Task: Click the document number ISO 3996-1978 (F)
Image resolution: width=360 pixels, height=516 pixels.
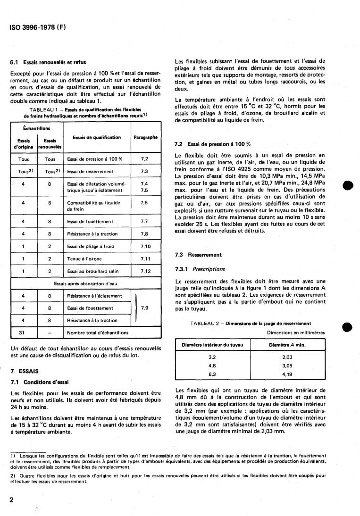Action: [x=37, y=27]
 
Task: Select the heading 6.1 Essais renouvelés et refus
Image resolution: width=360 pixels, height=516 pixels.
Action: [x=48, y=62]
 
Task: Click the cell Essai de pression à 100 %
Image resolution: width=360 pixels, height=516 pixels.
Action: [x=95, y=159]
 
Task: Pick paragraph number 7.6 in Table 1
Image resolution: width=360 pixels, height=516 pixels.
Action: [x=145, y=202]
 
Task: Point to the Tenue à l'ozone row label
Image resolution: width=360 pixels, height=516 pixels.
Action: [x=84, y=259]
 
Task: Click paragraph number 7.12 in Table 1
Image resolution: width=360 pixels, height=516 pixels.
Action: [x=145, y=272]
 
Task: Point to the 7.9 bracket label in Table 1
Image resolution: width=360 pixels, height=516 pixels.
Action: [x=145, y=308]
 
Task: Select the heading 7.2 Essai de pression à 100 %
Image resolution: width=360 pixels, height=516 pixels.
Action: [x=212, y=143]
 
